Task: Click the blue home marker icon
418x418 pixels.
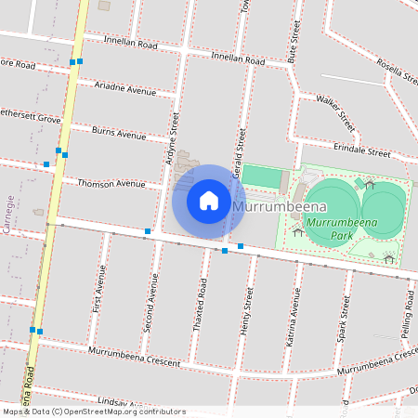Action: click(209, 200)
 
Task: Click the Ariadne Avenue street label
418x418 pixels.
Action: click(125, 89)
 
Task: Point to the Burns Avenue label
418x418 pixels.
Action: click(119, 133)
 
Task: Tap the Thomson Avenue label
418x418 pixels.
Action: click(111, 183)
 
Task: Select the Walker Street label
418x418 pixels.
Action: click(335, 111)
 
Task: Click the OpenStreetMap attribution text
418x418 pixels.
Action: click(93, 411)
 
